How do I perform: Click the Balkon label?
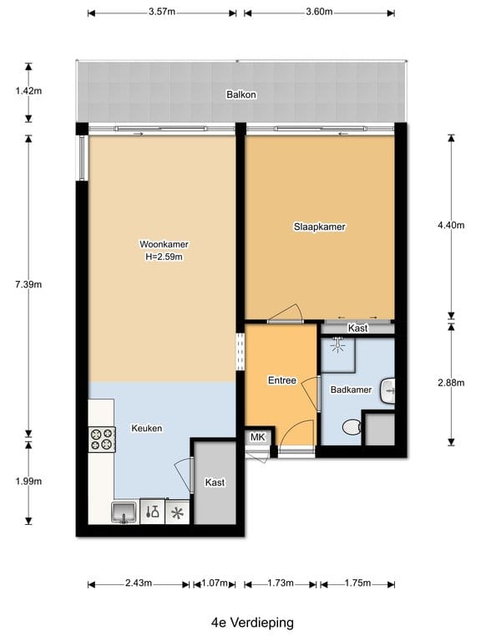pyautogui.click(x=240, y=95)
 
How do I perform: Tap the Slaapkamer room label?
pyautogui.click(x=319, y=227)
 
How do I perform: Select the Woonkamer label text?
pyautogui.click(x=164, y=244)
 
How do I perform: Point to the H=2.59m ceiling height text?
pyautogui.click(x=164, y=257)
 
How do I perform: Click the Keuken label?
pyautogui.click(x=146, y=428)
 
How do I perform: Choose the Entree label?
pyautogui.click(x=281, y=380)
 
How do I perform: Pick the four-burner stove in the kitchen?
pyautogui.click(x=102, y=438)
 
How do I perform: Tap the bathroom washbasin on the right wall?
pyautogui.click(x=387, y=389)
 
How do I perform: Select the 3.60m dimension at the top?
pyautogui.click(x=319, y=12)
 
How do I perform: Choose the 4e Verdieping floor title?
pyautogui.click(x=240, y=623)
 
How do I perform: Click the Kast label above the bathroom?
pyautogui.click(x=357, y=329)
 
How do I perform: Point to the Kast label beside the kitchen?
pyautogui.click(x=215, y=482)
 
